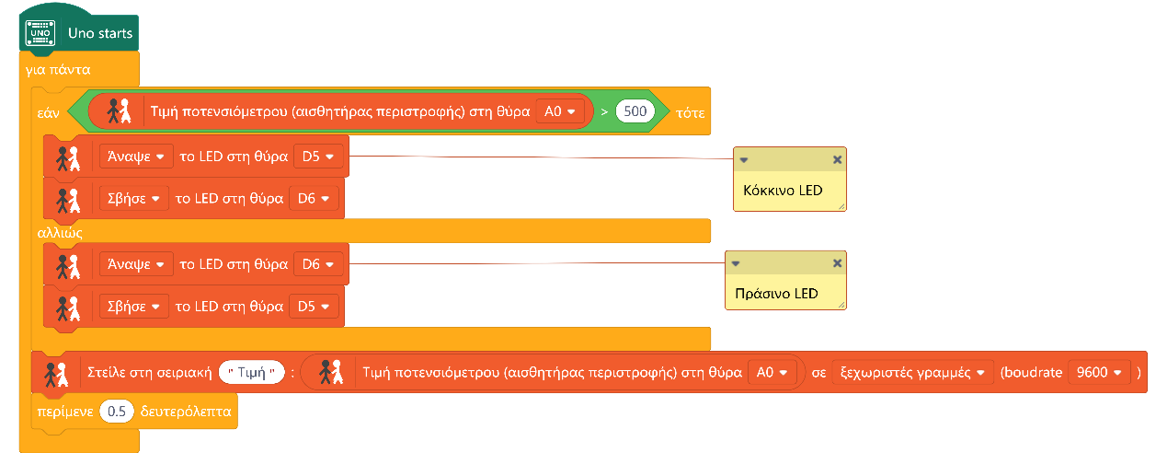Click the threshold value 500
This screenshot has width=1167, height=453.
(x=635, y=111)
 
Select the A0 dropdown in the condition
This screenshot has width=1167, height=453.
(x=560, y=111)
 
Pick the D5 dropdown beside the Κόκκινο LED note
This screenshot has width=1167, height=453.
(x=318, y=157)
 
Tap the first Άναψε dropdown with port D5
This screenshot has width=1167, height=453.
(x=135, y=157)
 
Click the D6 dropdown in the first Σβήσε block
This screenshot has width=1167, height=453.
(x=314, y=197)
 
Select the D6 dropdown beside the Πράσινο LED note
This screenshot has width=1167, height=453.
(x=318, y=264)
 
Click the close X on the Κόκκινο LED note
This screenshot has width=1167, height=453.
(x=837, y=159)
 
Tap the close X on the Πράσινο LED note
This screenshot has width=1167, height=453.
(x=837, y=263)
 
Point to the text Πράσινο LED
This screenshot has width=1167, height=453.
(x=776, y=295)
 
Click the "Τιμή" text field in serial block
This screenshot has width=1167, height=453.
(x=252, y=373)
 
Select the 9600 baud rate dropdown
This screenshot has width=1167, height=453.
(x=1099, y=373)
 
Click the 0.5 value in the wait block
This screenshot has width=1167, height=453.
(x=116, y=412)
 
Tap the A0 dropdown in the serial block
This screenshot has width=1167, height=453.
(x=771, y=373)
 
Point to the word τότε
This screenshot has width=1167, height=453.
(x=691, y=112)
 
